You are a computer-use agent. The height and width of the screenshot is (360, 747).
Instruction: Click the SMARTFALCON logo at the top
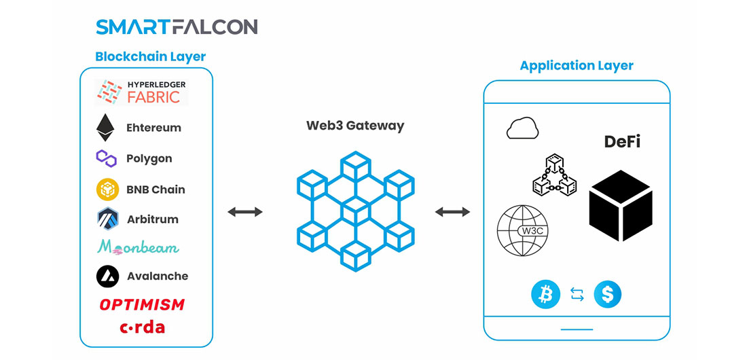177,26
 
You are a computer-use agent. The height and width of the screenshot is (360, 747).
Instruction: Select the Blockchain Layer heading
151,57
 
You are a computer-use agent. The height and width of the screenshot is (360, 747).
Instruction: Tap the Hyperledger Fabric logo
141,92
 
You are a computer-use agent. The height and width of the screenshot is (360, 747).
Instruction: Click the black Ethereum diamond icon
105,127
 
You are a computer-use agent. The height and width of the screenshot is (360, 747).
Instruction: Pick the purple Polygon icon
106,158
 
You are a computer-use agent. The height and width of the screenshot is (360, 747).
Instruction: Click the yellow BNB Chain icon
107,190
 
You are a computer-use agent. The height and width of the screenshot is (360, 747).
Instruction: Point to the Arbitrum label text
152,220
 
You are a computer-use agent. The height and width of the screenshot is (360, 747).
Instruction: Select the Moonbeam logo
138,247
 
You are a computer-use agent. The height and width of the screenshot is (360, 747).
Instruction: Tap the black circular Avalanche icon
107,276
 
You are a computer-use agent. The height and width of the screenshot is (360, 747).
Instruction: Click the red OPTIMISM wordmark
142,304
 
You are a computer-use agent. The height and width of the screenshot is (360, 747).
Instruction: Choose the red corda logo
142,327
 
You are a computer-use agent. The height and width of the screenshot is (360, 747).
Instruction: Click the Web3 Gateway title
355,126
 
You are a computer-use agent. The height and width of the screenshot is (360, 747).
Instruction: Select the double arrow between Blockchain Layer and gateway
245,212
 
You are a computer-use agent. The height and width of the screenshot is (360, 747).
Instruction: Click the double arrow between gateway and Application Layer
452,212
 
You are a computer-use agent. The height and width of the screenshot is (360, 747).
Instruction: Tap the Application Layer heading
577,65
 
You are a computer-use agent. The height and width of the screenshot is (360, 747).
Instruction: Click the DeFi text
622,141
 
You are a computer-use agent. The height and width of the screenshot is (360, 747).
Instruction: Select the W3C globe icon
523,231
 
